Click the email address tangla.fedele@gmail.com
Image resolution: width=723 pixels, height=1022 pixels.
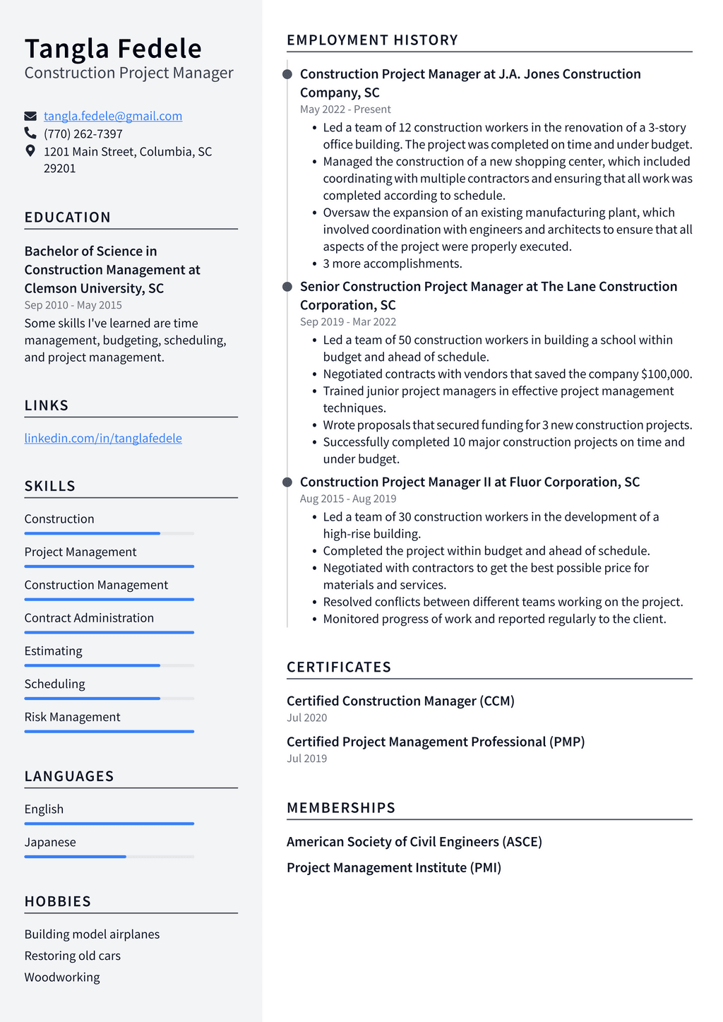(x=113, y=116)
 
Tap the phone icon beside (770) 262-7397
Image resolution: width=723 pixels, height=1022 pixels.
(x=30, y=133)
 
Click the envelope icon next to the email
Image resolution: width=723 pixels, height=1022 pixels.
(x=30, y=116)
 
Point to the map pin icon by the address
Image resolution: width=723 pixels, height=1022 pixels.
(x=30, y=150)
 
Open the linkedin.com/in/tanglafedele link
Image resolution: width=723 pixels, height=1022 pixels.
(x=103, y=438)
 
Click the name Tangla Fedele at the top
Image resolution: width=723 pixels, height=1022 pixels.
(x=113, y=49)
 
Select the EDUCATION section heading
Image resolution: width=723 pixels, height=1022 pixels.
(x=68, y=218)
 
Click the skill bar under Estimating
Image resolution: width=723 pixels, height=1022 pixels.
(x=109, y=665)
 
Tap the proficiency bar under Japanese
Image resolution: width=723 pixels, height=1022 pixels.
(x=109, y=857)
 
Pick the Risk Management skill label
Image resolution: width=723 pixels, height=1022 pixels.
(x=72, y=717)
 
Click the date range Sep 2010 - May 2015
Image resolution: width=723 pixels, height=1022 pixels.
(x=73, y=305)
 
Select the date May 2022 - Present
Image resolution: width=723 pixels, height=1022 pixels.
(x=345, y=109)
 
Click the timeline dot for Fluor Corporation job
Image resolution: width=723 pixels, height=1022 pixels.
(x=287, y=482)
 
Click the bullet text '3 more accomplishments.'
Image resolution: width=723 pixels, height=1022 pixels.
(x=393, y=263)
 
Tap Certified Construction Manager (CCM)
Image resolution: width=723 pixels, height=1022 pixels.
(x=400, y=701)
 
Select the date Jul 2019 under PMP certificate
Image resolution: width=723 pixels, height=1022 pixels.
(x=306, y=759)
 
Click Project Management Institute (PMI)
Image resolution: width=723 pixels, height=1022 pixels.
(x=394, y=867)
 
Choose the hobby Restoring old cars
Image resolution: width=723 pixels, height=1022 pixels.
(x=73, y=956)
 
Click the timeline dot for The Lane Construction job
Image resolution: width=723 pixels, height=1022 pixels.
(x=287, y=287)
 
